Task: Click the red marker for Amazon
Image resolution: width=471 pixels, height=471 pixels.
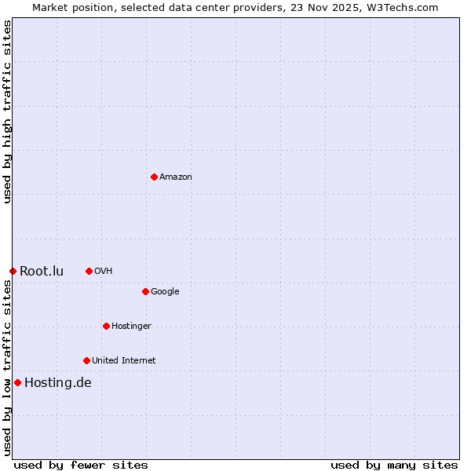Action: pos(154,177)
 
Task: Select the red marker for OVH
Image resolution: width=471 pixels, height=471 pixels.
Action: pos(89,271)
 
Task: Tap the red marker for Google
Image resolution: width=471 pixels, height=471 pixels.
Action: pos(145,291)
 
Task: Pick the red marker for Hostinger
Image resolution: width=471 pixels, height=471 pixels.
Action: pos(106,326)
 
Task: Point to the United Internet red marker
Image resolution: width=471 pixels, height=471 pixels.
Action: pos(86,360)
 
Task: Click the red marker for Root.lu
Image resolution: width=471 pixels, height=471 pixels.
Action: pos(13,271)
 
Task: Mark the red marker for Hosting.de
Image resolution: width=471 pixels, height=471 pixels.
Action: pos(17,382)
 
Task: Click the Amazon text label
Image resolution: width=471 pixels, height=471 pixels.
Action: pos(176,177)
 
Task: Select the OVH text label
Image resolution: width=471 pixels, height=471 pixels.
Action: pos(104,272)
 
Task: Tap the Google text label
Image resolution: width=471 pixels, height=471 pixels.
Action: pos(165,292)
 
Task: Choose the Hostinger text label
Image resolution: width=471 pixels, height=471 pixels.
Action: pos(131,327)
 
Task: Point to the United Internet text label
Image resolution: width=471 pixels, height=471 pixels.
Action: pos(124,361)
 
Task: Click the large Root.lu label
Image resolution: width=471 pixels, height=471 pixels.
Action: pos(42,272)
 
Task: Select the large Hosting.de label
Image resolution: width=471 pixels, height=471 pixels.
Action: pos(58,383)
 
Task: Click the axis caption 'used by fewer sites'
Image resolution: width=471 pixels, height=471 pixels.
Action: pos(80,465)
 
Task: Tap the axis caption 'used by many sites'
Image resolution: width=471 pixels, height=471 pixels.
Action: pos(394,465)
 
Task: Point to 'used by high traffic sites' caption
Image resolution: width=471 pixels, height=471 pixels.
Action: pos(7,111)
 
